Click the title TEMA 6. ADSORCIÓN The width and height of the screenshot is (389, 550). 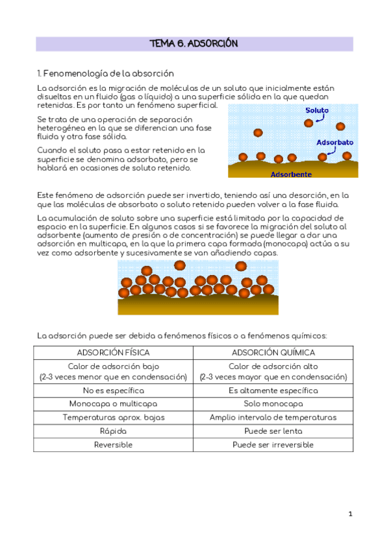[x=194, y=44]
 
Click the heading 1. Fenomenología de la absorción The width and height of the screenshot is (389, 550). [x=105, y=73]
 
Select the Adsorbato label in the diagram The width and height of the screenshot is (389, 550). [x=334, y=141]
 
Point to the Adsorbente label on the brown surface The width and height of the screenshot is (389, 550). [x=291, y=174]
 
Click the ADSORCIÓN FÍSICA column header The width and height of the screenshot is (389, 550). [x=113, y=353]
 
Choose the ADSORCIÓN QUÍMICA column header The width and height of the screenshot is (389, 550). [x=273, y=353]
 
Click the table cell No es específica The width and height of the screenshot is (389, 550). [x=113, y=390]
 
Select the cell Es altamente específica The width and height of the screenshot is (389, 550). [x=273, y=390]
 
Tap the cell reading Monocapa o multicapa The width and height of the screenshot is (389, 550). [x=113, y=404]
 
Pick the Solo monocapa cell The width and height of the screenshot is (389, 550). [x=273, y=404]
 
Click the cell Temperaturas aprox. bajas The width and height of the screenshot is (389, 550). [x=113, y=418]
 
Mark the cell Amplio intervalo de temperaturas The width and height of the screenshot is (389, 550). [x=273, y=418]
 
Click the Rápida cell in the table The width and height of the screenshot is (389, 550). [x=113, y=431]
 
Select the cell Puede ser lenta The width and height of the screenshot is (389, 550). [x=273, y=431]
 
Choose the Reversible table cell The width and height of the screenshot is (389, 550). [x=113, y=445]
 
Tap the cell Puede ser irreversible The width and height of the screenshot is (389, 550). [x=273, y=445]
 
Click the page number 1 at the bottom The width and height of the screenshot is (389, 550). [x=350, y=514]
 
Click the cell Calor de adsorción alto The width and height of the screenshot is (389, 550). [x=273, y=367]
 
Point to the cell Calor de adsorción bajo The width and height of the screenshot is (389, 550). [x=113, y=367]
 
